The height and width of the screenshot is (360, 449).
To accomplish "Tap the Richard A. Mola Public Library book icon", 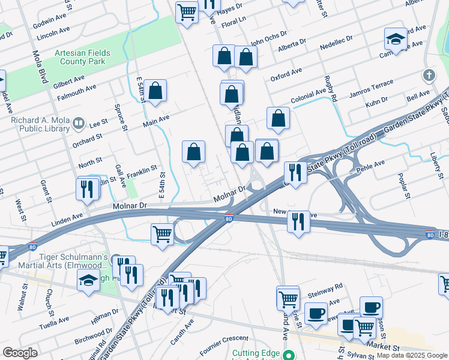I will [x=79, y=124].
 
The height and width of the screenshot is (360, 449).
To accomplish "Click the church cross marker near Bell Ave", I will [x=429, y=76].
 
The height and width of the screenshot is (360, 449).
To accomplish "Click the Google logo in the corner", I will [x=20, y=353].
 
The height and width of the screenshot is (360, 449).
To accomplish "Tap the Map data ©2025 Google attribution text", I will [x=411, y=355].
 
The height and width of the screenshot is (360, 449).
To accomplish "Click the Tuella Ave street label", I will [x=55, y=322].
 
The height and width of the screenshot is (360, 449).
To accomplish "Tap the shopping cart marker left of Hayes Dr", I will [x=187, y=11].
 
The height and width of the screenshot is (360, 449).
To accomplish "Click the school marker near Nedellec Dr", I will [x=396, y=38].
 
